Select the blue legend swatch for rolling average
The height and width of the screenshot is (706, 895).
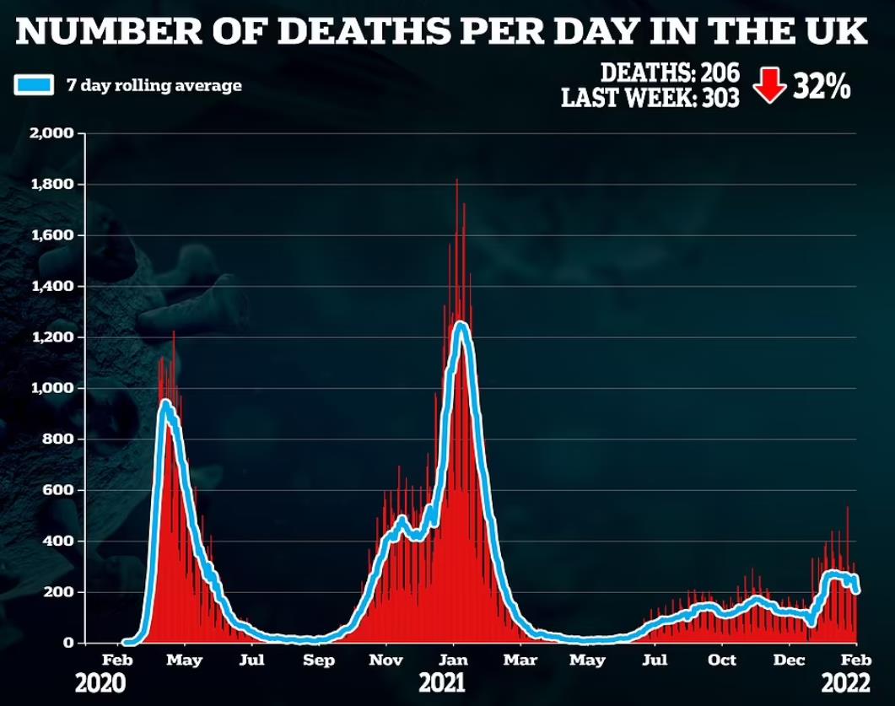[x=33, y=85]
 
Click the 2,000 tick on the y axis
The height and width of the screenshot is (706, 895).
[x=55, y=133]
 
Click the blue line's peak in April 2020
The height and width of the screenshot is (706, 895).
[x=166, y=404]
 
